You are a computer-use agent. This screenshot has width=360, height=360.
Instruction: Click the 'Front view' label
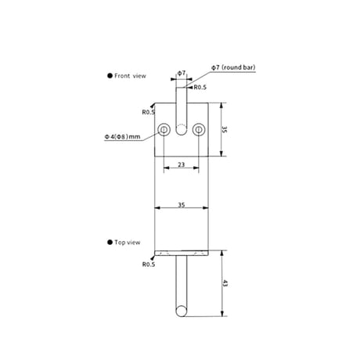click(x=130, y=76)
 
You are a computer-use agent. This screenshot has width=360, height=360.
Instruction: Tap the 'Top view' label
click(x=128, y=243)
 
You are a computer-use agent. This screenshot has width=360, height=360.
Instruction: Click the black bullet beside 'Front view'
click(x=110, y=76)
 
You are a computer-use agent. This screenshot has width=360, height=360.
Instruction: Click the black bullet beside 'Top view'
click(x=110, y=242)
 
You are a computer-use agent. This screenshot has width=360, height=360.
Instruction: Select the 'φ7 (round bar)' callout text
click(x=233, y=67)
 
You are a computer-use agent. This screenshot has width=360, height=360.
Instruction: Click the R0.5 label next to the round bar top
click(x=200, y=88)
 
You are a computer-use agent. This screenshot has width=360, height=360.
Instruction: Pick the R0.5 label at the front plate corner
click(x=149, y=112)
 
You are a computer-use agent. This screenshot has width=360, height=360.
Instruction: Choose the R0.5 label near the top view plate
click(x=149, y=265)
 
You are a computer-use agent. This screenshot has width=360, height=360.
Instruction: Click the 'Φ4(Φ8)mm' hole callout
click(x=122, y=136)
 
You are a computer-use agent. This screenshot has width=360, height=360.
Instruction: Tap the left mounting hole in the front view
click(x=164, y=129)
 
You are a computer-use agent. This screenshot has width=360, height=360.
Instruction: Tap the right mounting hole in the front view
click(x=199, y=129)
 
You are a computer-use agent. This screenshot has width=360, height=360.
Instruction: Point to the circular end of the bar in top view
click(x=181, y=311)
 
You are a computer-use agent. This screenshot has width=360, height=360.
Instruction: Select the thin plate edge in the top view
click(x=182, y=253)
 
